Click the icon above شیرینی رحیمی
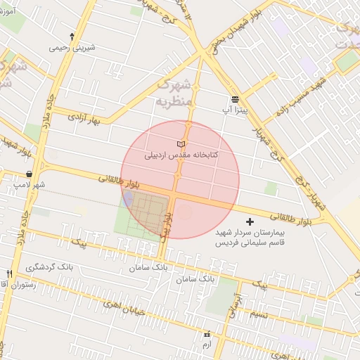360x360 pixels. pos(72,36)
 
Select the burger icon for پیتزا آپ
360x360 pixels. pos(234,99)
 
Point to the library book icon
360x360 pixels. pos(181,143)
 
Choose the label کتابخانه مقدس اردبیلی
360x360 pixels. pos(181,155)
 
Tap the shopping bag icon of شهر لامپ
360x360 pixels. pos(28,173)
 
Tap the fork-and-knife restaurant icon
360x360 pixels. pos(9,274)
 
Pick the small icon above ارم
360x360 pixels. pos(206,334)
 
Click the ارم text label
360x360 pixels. pos(206,345)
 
